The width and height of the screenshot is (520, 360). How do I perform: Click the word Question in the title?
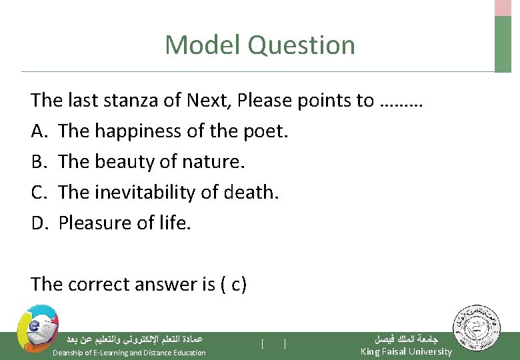click(301, 45)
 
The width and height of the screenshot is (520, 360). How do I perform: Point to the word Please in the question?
click(265, 101)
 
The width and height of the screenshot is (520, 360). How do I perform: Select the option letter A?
click(38, 131)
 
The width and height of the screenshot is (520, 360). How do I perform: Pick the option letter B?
click(37, 162)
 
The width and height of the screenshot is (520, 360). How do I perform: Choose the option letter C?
click(37, 193)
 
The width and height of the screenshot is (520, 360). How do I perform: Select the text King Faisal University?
click(406, 351)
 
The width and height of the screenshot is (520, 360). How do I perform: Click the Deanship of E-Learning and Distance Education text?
click(129, 352)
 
